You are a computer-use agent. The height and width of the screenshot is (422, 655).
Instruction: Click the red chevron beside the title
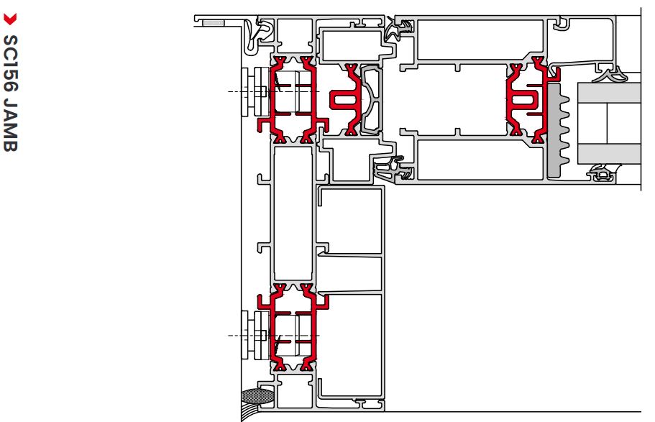(10, 19)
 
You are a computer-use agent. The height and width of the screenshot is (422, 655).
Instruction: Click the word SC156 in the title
(11, 63)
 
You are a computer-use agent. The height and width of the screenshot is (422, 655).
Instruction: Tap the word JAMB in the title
(11, 124)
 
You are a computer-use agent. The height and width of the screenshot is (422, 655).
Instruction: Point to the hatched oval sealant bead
(257, 395)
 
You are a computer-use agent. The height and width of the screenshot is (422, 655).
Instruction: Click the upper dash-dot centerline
(274, 91)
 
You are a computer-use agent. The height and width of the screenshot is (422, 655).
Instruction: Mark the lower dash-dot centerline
(274, 335)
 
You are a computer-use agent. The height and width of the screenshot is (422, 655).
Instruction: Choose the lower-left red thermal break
(293, 328)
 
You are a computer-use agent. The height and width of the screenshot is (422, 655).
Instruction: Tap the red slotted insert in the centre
(346, 100)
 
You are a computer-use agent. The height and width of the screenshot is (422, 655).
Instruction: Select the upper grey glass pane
(609, 93)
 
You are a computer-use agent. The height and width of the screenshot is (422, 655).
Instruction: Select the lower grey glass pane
(609, 154)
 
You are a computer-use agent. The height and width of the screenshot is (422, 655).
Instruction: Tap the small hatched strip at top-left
(214, 23)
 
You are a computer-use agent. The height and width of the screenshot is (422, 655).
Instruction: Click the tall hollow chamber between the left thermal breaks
(293, 214)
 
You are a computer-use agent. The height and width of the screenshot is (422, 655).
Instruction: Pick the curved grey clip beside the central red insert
(372, 99)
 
